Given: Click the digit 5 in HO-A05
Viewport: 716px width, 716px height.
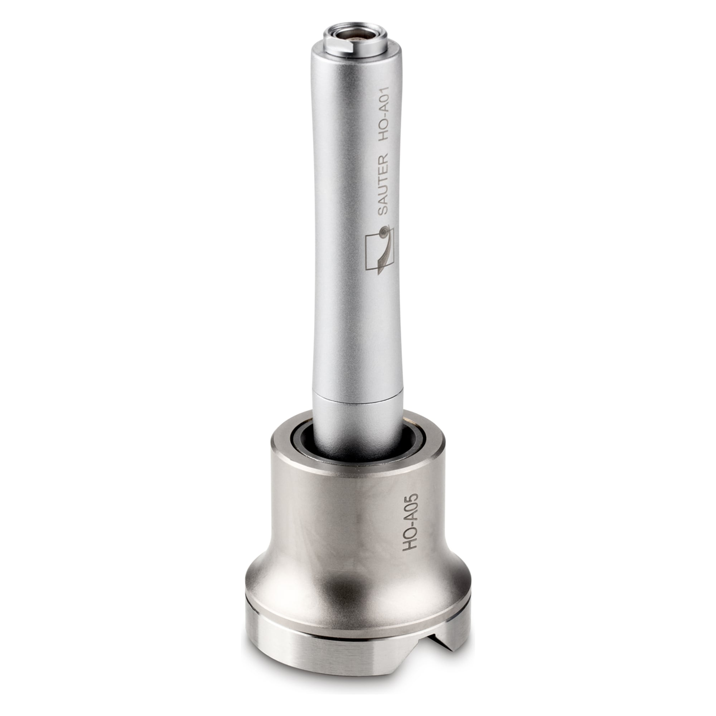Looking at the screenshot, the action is click(412, 498).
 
